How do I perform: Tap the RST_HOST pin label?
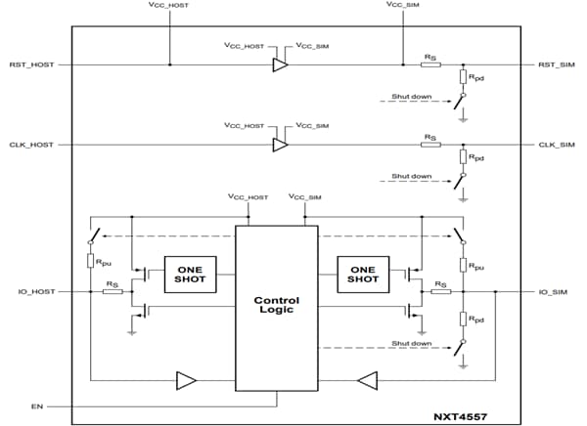32,65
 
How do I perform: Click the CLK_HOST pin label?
32,145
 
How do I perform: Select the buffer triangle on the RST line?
280,65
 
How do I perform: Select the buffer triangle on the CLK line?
280,145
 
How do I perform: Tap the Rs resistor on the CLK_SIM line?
430,145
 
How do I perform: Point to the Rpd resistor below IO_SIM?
464,318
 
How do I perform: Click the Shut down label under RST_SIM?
411,98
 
